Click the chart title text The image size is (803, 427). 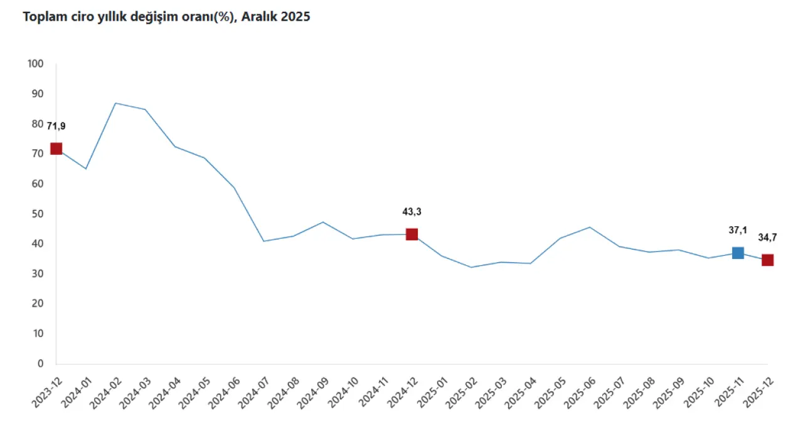pos(166,18)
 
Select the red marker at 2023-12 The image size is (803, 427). pos(56,149)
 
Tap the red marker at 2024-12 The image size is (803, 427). pos(412,235)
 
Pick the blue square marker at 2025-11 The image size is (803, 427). pos(738,253)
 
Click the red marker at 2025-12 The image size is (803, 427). pos(767,260)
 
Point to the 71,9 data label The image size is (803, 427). pos(56,126)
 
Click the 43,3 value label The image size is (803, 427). pos(412,212)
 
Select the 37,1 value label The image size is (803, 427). pos(738,230)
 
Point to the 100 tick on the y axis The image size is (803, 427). pos(36,64)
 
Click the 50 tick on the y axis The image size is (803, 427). pos(38,214)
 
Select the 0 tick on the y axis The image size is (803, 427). pos(41,364)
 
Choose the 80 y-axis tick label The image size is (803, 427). pos(38,124)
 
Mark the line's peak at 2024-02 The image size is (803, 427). pos(115,103)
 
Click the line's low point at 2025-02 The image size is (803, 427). pos(471,267)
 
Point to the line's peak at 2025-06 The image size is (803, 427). pos(590,227)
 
